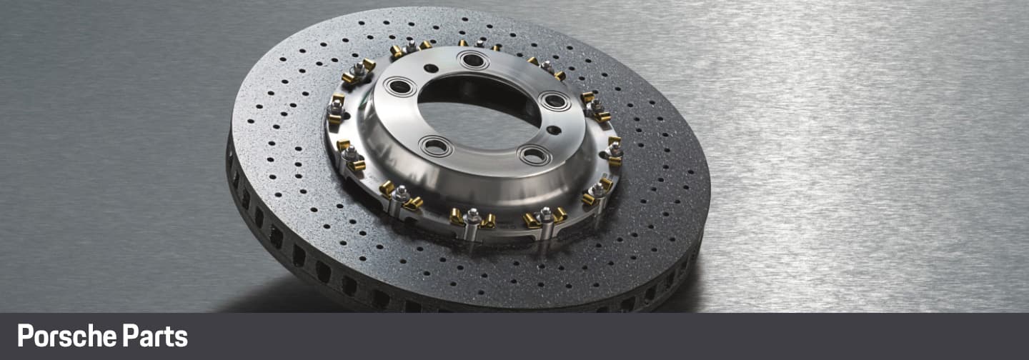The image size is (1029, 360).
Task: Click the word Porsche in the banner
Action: coord(66,336)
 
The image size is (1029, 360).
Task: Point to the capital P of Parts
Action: coord(130,336)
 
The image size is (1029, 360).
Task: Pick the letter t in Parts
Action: coord(169,337)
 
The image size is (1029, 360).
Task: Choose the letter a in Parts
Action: coord(146,339)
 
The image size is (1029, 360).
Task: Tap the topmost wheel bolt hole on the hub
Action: coord(473,60)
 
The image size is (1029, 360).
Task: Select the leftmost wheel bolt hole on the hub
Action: coord(400,86)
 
